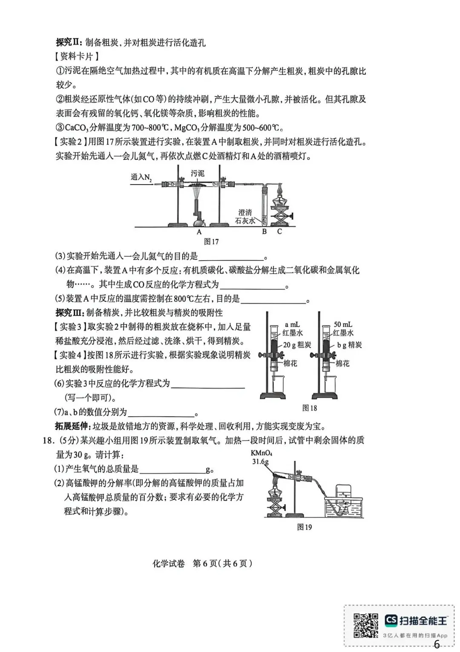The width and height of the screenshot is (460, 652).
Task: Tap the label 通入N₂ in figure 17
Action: pyautogui.click(x=141, y=177)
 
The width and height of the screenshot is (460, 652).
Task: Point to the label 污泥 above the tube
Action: pyautogui.click(x=198, y=174)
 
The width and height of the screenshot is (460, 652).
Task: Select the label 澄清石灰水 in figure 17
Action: pyautogui.click(x=246, y=216)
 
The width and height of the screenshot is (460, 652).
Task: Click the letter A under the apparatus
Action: pyautogui.click(x=199, y=232)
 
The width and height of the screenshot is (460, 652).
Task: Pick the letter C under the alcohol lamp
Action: pyautogui.click(x=279, y=232)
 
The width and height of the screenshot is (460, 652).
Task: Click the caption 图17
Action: pyautogui.click(x=211, y=242)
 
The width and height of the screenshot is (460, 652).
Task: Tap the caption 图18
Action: pyautogui.click(x=310, y=408)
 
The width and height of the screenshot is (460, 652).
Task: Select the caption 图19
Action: pyautogui.click(x=304, y=527)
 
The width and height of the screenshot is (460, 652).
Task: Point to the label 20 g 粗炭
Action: pyautogui.click(x=297, y=345)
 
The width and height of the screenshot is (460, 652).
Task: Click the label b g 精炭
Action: pyautogui.click(x=349, y=345)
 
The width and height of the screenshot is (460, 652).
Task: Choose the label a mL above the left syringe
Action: pyautogui.click(x=292, y=325)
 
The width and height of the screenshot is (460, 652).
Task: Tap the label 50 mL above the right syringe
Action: pyautogui.click(x=343, y=325)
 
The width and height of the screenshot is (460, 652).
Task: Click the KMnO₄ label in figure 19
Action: pyautogui.click(x=262, y=453)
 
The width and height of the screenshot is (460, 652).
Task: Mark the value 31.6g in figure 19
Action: pyautogui.click(x=260, y=461)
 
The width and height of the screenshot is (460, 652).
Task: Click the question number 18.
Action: pyautogui.click(x=47, y=440)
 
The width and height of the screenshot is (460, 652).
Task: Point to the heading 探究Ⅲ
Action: pyautogui.click(x=69, y=313)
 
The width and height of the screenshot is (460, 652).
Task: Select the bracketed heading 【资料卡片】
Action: pyautogui.click(x=77, y=56)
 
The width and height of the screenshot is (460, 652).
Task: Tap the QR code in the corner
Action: pyautogui.click(x=366, y=626)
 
